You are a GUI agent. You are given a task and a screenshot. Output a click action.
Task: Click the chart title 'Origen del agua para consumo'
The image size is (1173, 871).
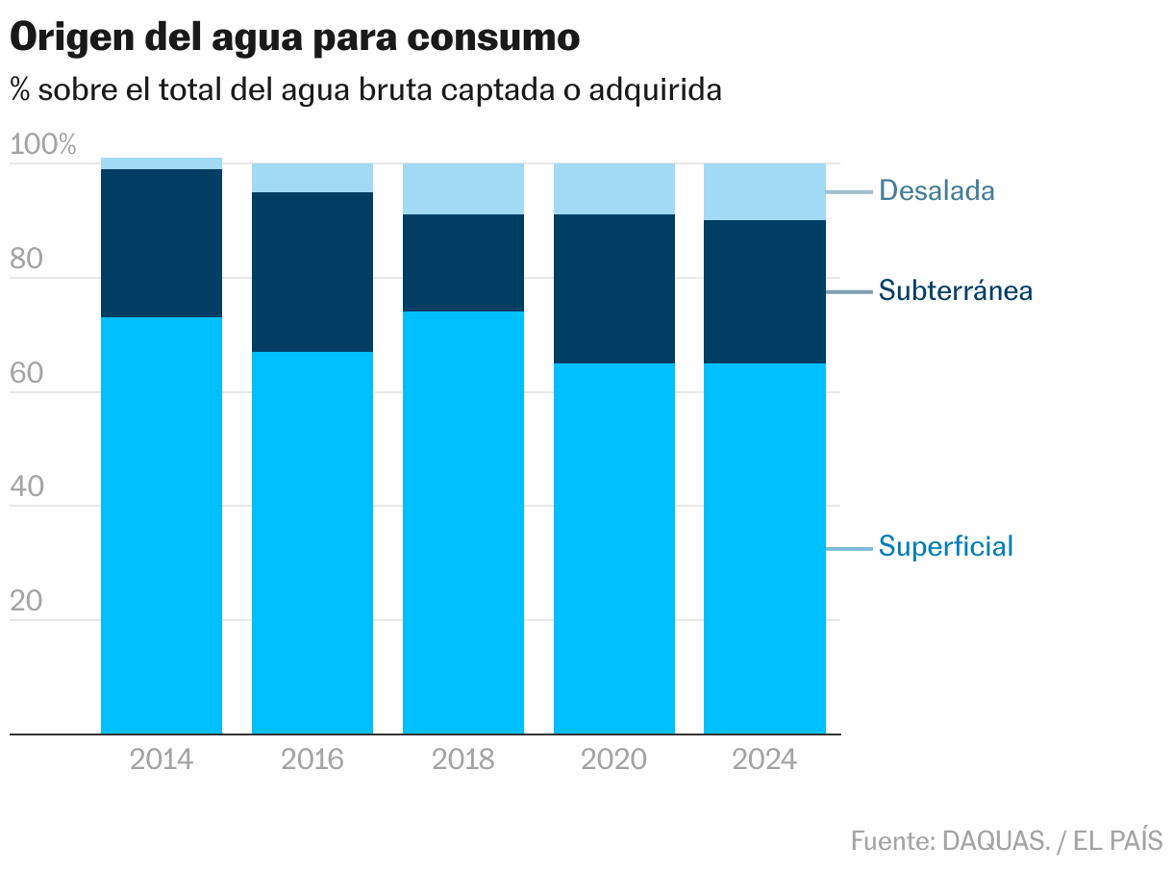click(294, 37)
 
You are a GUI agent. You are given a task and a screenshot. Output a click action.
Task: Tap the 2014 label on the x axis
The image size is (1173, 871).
click(162, 759)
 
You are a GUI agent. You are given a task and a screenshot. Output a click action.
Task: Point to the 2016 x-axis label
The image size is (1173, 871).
click(312, 759)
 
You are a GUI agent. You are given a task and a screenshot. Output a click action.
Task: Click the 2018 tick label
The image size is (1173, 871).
click(463, 759)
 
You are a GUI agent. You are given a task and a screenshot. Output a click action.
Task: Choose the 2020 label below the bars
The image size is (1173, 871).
click(613, 759)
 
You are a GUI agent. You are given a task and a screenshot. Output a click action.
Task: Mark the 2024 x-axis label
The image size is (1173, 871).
click(764, 759)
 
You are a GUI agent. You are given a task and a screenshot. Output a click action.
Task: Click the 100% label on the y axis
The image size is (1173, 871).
click(42, 146)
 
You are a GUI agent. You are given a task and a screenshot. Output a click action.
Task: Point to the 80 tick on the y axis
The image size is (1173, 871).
click(28, 260)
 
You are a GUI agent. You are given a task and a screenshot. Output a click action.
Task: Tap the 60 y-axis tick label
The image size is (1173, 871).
click(28, 374)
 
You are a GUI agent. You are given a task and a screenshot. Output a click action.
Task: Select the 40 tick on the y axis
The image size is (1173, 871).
click(28, 487)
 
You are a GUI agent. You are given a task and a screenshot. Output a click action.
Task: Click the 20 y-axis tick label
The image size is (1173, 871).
click(28, 602)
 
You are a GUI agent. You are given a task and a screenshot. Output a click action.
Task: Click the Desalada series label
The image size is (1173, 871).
click(936, 190)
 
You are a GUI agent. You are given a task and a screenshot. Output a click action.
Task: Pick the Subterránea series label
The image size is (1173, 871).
click(956, 290)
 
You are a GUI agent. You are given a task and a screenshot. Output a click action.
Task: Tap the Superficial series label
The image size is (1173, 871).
click(946, 547)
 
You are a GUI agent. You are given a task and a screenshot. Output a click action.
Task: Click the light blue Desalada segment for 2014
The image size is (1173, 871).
click(162, 163)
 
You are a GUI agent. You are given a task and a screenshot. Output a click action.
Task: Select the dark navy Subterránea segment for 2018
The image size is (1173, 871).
click(463, 262)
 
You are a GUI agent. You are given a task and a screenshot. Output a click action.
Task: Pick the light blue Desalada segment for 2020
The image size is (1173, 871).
click(613, 188)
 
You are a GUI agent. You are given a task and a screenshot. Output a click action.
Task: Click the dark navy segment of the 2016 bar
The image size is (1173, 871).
click(312, 272)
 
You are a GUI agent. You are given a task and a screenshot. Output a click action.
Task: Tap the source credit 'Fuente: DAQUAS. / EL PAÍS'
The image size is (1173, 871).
click(1007, 840)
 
